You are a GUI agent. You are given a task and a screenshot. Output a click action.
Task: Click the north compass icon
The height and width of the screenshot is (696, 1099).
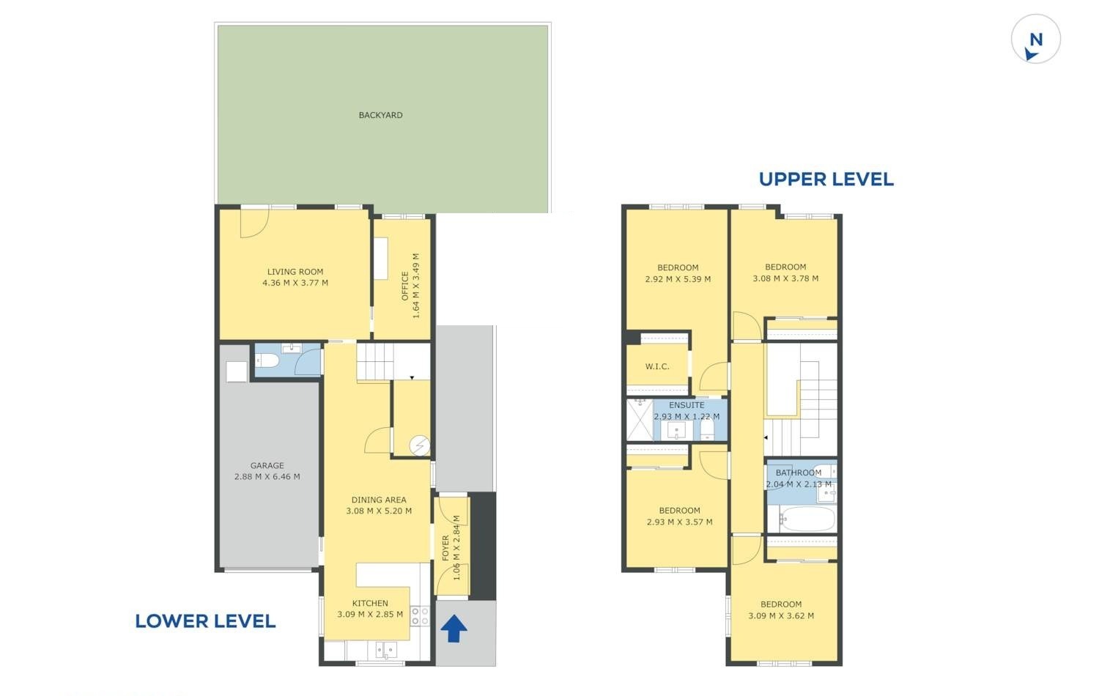[1036, 40]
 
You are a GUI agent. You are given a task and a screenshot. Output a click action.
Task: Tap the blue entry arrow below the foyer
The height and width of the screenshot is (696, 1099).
[454, 629]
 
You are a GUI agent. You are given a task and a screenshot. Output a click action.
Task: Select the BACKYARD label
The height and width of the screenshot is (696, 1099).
[381, 115]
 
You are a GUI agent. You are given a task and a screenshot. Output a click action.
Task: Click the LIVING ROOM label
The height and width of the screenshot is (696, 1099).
[295, 272]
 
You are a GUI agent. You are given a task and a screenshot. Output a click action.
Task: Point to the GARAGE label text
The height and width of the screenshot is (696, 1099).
[267, 465]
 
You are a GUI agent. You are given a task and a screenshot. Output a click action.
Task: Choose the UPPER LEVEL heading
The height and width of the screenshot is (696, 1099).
[826, 179]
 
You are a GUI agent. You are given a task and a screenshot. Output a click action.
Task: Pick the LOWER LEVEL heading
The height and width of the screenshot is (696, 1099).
[205, 621]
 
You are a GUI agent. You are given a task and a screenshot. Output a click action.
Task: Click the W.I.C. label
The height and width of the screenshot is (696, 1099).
[657, 366]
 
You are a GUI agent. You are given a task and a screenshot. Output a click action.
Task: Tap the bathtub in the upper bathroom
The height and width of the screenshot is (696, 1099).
[807, 519]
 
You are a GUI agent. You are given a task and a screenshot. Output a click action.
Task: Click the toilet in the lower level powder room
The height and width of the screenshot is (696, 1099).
[267, 361]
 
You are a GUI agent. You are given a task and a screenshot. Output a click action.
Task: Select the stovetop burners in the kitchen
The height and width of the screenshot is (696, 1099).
[420, 617]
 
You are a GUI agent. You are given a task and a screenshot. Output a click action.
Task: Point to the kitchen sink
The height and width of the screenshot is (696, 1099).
[386, 650]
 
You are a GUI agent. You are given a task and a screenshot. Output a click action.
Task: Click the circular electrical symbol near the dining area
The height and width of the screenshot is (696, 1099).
[420, 446]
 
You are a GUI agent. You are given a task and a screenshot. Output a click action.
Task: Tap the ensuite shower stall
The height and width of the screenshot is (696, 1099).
[640, 420]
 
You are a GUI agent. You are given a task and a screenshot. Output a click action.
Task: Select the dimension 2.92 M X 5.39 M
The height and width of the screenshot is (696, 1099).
[678, 279]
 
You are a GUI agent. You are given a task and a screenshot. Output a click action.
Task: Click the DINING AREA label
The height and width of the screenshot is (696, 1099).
[379, 500]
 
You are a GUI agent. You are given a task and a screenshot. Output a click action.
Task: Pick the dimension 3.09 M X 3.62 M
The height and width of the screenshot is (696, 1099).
[781, 616]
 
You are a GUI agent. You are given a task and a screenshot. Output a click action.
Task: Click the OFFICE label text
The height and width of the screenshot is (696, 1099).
[404, 286]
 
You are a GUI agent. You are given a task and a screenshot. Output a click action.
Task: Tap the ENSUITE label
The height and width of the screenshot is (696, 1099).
[687, 405]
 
